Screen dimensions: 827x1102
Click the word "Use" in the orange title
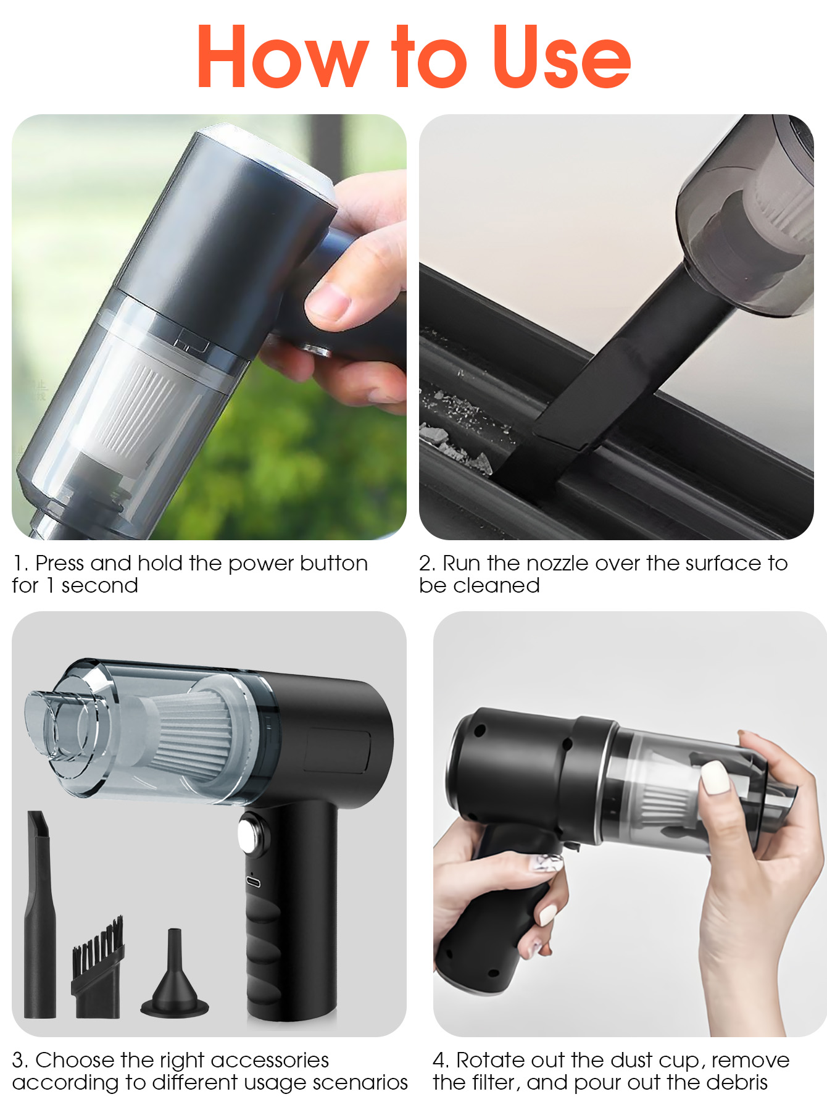click(562, 56)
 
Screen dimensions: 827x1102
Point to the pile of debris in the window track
click(457, 426)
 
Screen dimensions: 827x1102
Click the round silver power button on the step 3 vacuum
click(253, 833)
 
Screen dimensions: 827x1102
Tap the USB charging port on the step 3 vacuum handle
click(254, 881)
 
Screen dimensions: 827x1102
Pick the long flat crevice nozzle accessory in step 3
click(40, 914)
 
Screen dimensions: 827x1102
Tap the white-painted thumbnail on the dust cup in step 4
click(716, 778)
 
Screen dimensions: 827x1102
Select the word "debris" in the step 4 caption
click(737, 1082)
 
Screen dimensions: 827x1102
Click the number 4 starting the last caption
click(440, 1060)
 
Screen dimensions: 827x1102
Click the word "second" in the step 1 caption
click(99, 585)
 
